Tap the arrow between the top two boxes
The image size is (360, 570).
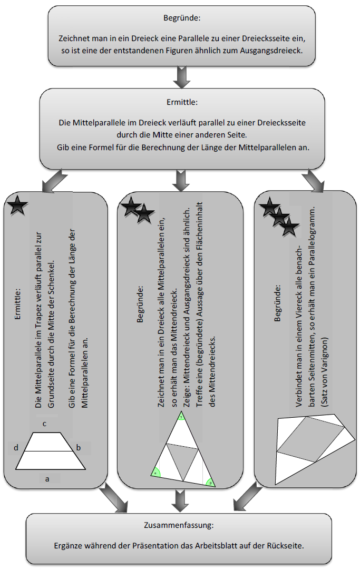point(181,77)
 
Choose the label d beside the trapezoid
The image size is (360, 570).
point(16,448)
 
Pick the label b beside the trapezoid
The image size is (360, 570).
point(79,448)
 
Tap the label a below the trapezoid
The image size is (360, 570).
point(47,479)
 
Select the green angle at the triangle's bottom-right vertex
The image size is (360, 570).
point(210,481)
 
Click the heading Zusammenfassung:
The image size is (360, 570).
point(179,525)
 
